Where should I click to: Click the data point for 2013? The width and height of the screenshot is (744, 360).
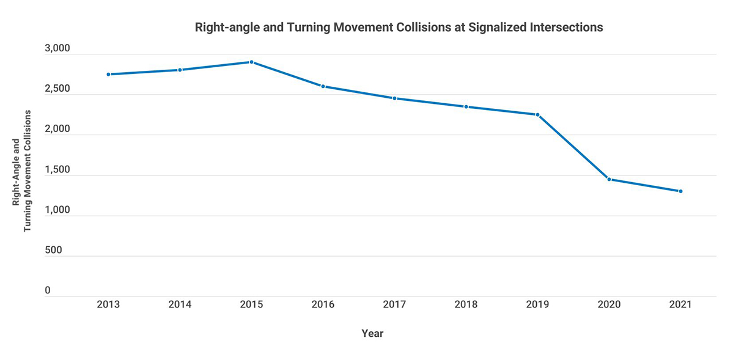pos(108,75)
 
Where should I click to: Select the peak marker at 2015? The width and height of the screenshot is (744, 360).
pos(251,62)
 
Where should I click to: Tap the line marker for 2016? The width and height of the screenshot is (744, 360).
pos(323,86)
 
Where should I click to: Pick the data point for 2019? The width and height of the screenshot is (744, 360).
pos(537,115)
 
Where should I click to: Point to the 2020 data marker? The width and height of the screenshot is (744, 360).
pos(609,179)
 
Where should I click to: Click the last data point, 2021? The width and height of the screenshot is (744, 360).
pos(680,191)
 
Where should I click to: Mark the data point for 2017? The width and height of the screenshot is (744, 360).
pos(394,98)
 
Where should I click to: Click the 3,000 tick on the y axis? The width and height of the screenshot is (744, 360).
pos(58,49)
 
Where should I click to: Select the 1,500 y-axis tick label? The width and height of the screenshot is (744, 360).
pos(58,170)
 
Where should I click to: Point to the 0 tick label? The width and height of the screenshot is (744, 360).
pos(47,291)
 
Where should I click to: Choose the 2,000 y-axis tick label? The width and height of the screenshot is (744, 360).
pos(58,130)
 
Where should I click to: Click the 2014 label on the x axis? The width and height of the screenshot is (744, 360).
pos(180,304)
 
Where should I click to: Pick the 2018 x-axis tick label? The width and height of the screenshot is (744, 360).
pos(466,304)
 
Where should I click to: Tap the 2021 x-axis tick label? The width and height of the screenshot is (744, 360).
pos(680,304)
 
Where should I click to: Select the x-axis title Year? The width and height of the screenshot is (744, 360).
pos(372,334)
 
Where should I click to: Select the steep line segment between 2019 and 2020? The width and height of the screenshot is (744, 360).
pos(573,147)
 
